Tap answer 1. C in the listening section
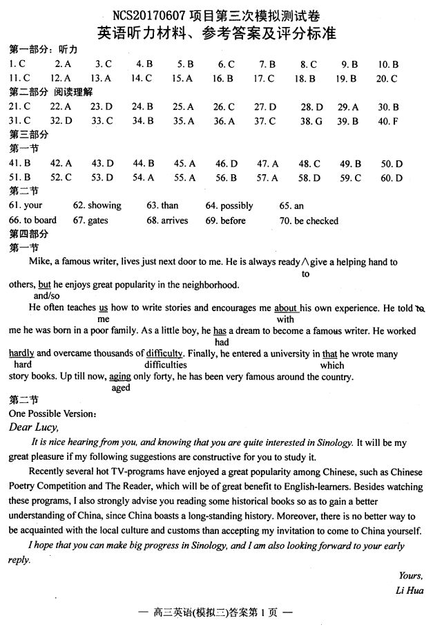point(17,64)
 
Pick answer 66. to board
point(32,221)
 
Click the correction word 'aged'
point(121,388)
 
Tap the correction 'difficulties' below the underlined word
point(166,364)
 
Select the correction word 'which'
point(332,365)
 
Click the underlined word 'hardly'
point(21,353)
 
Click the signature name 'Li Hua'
point(410,590)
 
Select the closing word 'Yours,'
point(411,575)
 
